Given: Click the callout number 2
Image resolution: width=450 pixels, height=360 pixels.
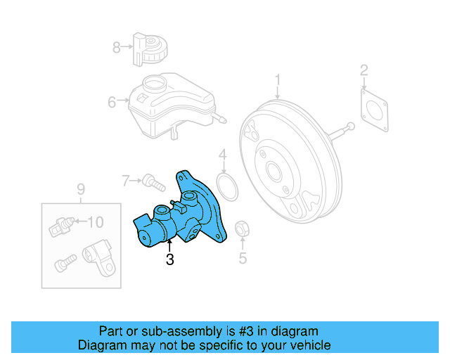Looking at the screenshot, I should (x=364, y=70).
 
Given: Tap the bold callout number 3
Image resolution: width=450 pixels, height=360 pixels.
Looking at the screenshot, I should (x=169, y=259).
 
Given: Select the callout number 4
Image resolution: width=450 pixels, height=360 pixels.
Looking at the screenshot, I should (x=222, y=155).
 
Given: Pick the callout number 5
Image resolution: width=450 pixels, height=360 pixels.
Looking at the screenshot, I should (x=243, y=258).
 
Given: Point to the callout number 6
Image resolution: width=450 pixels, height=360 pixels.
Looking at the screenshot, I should (x=112, y=103).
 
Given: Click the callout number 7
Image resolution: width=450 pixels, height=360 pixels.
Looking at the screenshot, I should (x=127, y=181).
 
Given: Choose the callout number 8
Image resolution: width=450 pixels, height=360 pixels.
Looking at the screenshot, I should (x=117, y=48).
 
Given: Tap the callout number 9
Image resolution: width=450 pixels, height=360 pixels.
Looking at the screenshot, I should (x=80, y=188).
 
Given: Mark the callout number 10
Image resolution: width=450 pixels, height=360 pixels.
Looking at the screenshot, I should (x=95, y=222).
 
